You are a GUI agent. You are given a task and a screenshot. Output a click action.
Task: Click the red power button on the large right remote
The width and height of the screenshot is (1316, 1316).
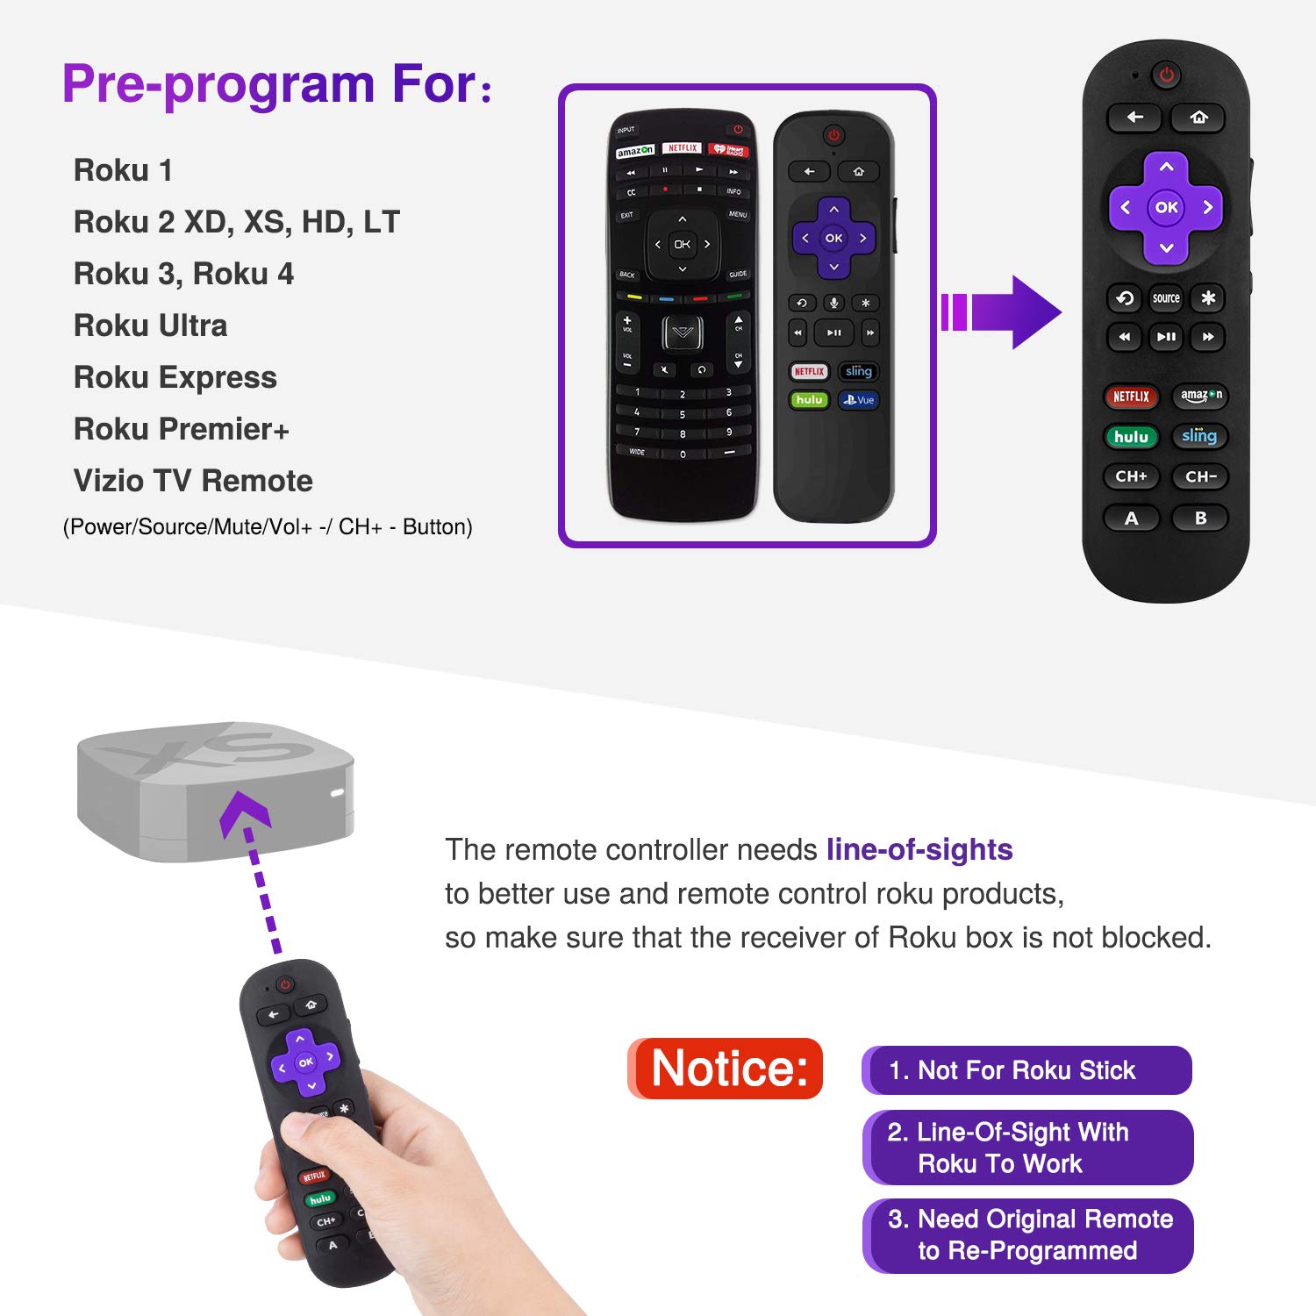click(1166, 75)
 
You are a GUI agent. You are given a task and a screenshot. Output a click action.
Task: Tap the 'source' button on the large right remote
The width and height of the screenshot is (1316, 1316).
click(1166, 298)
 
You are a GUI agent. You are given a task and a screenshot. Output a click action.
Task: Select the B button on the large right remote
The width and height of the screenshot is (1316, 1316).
click(1200, 519)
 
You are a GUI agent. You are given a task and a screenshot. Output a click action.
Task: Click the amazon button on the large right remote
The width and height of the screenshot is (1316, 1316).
click(1200, 396)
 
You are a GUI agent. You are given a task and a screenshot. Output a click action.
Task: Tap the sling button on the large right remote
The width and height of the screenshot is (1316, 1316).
click(1199, 436)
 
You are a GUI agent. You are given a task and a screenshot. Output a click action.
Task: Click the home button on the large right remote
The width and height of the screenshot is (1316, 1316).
click(1198, 118)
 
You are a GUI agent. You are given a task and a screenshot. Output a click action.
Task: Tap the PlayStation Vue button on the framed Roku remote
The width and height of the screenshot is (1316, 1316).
click(859, 400)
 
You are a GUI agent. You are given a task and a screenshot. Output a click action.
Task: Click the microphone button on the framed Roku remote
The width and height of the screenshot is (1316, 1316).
click(833, 303)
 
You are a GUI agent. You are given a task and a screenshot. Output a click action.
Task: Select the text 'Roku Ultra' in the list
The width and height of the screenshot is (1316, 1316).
click(150, 325)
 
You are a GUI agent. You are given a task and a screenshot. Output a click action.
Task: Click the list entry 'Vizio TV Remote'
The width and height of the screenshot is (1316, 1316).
click(193, 481)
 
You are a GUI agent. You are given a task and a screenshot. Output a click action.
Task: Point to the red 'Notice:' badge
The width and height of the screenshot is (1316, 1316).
click(726, 1069)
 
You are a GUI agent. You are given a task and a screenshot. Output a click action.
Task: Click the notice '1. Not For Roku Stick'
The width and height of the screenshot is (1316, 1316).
click(1026, 1070)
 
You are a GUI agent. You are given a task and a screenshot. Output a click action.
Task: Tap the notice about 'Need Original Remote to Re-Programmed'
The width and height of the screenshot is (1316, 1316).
click(1028, 1235)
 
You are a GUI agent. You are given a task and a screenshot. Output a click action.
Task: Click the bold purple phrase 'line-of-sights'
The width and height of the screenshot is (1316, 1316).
click(919, 849)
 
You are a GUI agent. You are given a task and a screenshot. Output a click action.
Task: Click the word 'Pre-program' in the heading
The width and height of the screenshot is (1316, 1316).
click(218, 84)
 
